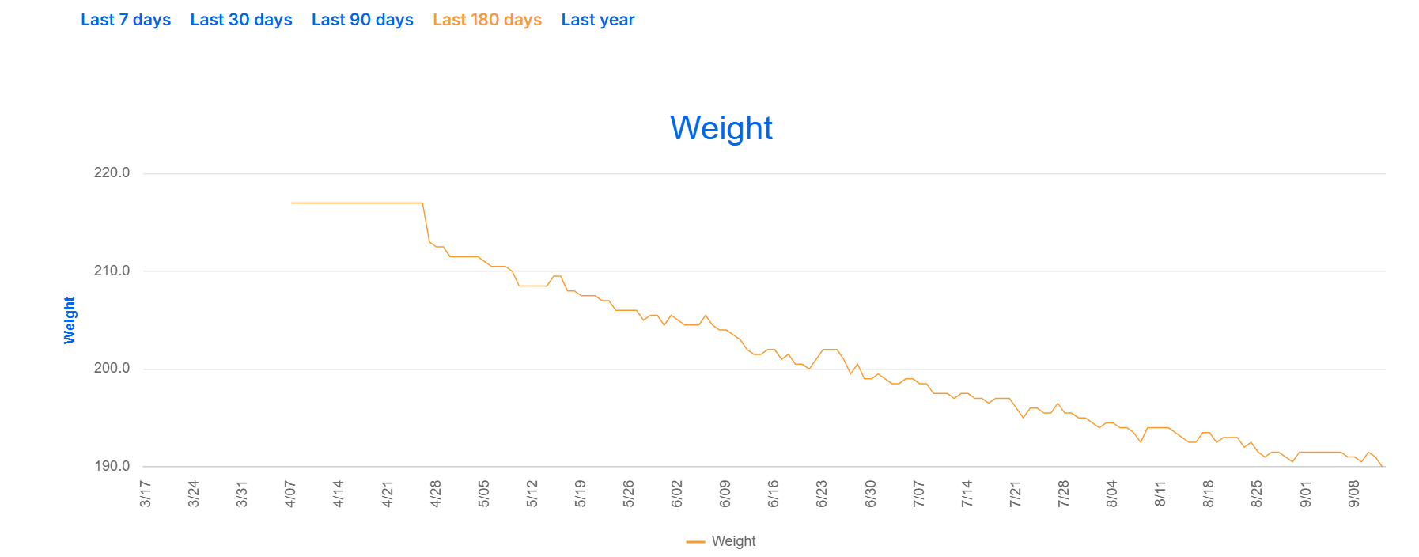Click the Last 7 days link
126,20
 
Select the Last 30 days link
241,20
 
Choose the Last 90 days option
362,20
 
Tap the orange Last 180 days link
487,20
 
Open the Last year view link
598,20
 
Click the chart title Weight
721,128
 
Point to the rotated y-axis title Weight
70,320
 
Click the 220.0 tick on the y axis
112,172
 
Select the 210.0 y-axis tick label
112,271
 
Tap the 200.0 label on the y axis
112,368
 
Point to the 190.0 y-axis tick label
112,466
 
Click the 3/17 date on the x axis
146,494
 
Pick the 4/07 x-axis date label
290,494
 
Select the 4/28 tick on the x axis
436,494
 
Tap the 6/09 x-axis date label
725,494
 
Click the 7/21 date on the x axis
1016,494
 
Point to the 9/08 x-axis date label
1354,494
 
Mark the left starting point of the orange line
292,203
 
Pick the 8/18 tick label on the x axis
1209,494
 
